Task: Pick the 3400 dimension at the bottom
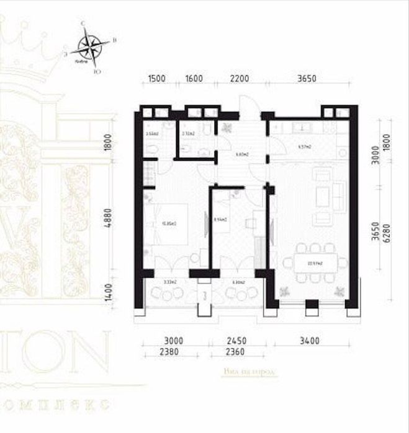(308, 340)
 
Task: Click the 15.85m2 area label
(166, 224)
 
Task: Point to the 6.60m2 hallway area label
(243, 154)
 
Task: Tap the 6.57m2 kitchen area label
(304, 147)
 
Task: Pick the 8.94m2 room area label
(220, 219)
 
